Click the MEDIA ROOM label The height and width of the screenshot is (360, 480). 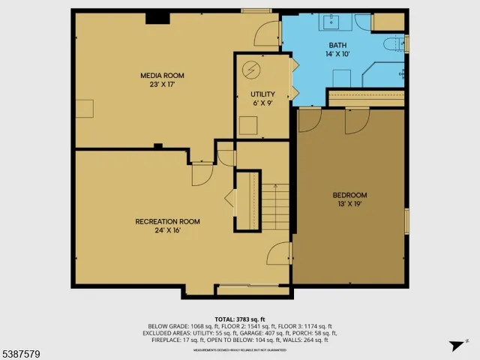point(162,76)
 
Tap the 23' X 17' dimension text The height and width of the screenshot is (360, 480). point(162,85)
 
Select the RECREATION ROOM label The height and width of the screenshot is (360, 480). point(167,221)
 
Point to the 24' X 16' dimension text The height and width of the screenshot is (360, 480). point(167,230)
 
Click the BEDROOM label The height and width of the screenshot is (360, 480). point(349,195)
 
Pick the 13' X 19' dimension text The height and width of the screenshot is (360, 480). point(349,204)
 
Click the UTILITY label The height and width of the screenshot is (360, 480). point(262,94)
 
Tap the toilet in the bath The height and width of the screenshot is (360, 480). point(392,46)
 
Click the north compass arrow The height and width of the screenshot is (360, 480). point(454,346)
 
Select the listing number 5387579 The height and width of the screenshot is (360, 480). point(23,351)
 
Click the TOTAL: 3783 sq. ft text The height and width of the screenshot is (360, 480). point(239,318)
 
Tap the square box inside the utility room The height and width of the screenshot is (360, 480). point(249,125)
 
